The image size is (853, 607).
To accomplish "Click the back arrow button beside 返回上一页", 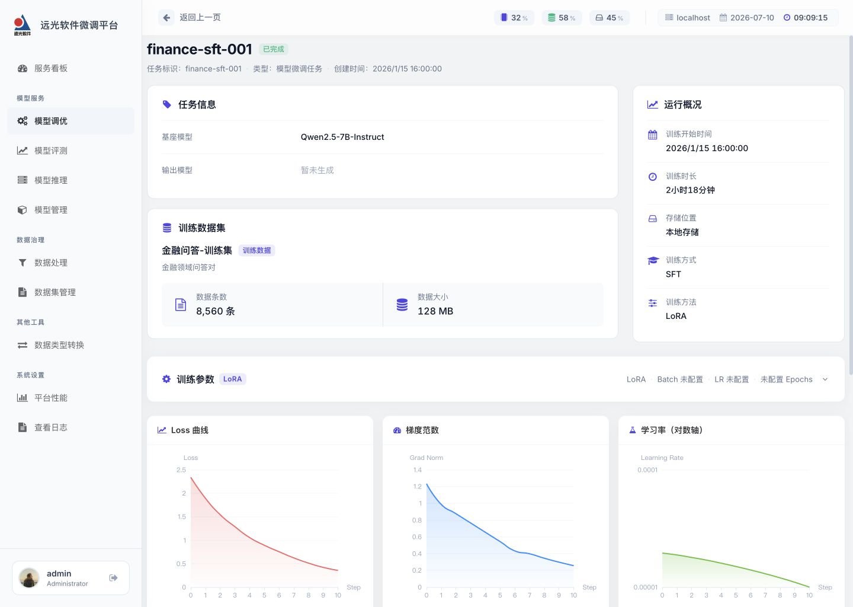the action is (166, 18).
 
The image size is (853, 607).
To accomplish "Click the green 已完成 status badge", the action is (274, 49).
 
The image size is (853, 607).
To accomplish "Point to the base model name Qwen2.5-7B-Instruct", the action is (342, 137).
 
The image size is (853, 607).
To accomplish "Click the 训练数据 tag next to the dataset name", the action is (256, 250).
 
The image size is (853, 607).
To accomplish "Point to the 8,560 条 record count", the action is (216, 311).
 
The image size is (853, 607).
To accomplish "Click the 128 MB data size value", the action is (435, 311).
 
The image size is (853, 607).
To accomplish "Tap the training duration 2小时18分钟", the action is (690, 190).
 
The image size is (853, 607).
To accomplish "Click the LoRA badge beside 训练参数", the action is (232, 379).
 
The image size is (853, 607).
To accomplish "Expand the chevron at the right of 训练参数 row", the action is (825, 379).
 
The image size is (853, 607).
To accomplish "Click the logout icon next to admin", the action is (113, 578).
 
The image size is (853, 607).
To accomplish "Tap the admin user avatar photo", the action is (29, 578).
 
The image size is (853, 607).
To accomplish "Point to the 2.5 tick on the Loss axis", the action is (181, 470).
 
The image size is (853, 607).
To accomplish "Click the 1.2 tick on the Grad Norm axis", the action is (418, 487).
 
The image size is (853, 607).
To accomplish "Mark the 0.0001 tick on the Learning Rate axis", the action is (647, 470).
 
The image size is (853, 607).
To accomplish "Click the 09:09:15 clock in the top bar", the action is (810, 18).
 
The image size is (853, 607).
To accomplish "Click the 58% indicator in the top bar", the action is (562, 18).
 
